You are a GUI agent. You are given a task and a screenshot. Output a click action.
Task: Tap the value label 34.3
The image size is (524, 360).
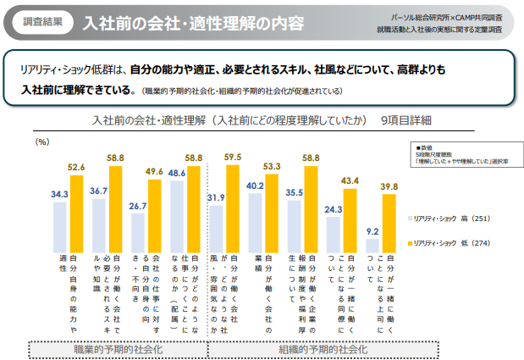click(x=59, y=194)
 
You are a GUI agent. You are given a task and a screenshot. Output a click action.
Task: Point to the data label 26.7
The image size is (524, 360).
click(x=138, y=205)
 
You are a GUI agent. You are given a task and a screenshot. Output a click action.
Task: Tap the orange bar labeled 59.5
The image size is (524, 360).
click(x=234, y=204)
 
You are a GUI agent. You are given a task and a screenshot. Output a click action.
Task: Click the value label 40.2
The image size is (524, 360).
click(x=255, y=186)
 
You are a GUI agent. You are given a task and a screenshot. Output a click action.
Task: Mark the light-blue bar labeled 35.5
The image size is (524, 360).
click(x=294, y=221)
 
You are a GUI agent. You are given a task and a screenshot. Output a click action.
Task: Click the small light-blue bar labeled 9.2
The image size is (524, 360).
click(x=372, y=244)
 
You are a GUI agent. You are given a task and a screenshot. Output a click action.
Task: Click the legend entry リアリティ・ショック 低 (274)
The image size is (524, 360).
click(x=448, y=243)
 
